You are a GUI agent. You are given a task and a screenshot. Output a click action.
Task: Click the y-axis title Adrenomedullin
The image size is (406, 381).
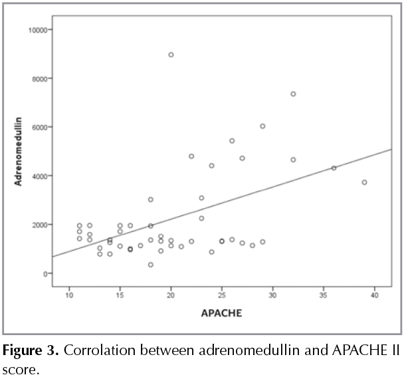19,152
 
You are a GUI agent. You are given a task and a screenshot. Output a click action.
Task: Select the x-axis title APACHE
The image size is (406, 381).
222,312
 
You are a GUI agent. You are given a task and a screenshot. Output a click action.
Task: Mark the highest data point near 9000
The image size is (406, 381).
171,55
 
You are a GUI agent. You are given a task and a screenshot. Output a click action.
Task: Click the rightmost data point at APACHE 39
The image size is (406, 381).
364,182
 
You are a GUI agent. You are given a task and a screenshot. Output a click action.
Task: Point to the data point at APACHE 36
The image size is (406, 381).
334,168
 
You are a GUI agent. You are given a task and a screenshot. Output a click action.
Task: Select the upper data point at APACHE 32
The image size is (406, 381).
293,94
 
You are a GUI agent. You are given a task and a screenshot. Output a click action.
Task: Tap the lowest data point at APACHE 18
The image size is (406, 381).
151,265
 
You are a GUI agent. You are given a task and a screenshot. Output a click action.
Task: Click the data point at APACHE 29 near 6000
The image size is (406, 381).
262,126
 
